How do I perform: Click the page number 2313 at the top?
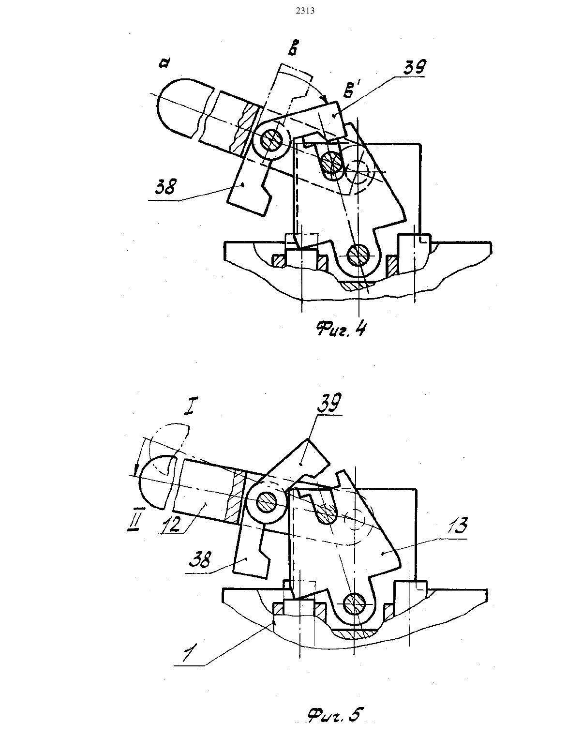click(x=305, y=11)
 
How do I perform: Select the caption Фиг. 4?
click(x=341, y=329)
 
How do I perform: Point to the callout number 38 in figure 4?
click(x=165, y=187)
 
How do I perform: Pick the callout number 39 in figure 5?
click(x=329, y=403)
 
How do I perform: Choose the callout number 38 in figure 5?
click(x=200, y=559)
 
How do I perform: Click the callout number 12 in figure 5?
click(x=171, y=523)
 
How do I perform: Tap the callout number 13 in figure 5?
click(x=458, y=526)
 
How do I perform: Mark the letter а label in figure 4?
click(x=164, y=63)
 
